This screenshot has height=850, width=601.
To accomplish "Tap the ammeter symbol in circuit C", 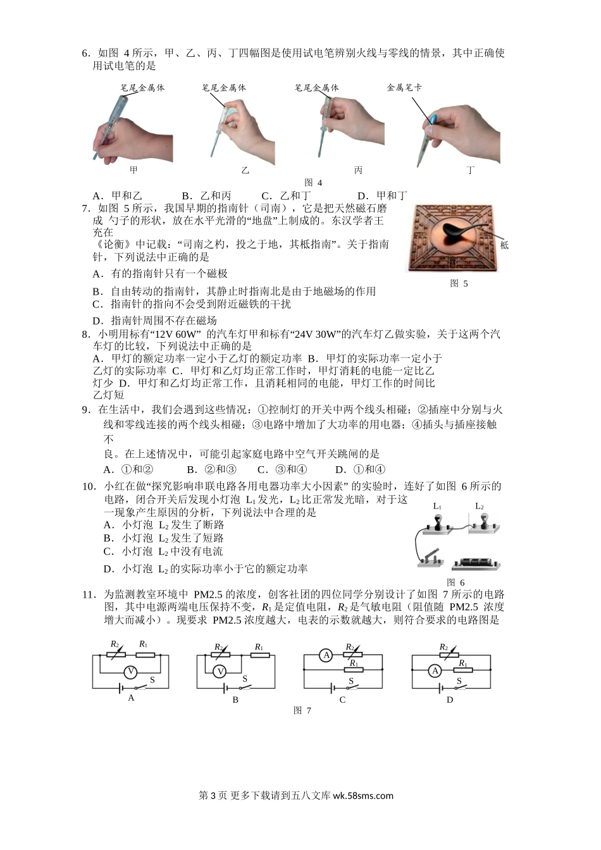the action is pos(326,655).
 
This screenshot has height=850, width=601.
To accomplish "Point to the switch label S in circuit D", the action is pos(459,681).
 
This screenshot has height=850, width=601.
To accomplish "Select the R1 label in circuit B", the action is pos(259,646).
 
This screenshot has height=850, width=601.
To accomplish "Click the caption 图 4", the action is pos(313,183).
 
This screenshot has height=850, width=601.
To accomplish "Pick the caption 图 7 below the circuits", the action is pos(302,710).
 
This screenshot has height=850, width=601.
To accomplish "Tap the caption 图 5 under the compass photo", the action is pos(459,283).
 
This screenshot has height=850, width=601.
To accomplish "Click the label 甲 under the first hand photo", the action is pos(133,170).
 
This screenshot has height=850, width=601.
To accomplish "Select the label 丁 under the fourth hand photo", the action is pos(471,170).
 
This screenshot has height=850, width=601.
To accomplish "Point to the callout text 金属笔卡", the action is pos(404,88).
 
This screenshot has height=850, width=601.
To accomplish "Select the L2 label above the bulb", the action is pos(480,506).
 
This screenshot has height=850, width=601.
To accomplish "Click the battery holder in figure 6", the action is pos(476,564).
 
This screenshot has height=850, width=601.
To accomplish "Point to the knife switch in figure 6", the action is pos(431,558).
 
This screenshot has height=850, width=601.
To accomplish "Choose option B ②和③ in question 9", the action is pos(211,470).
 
